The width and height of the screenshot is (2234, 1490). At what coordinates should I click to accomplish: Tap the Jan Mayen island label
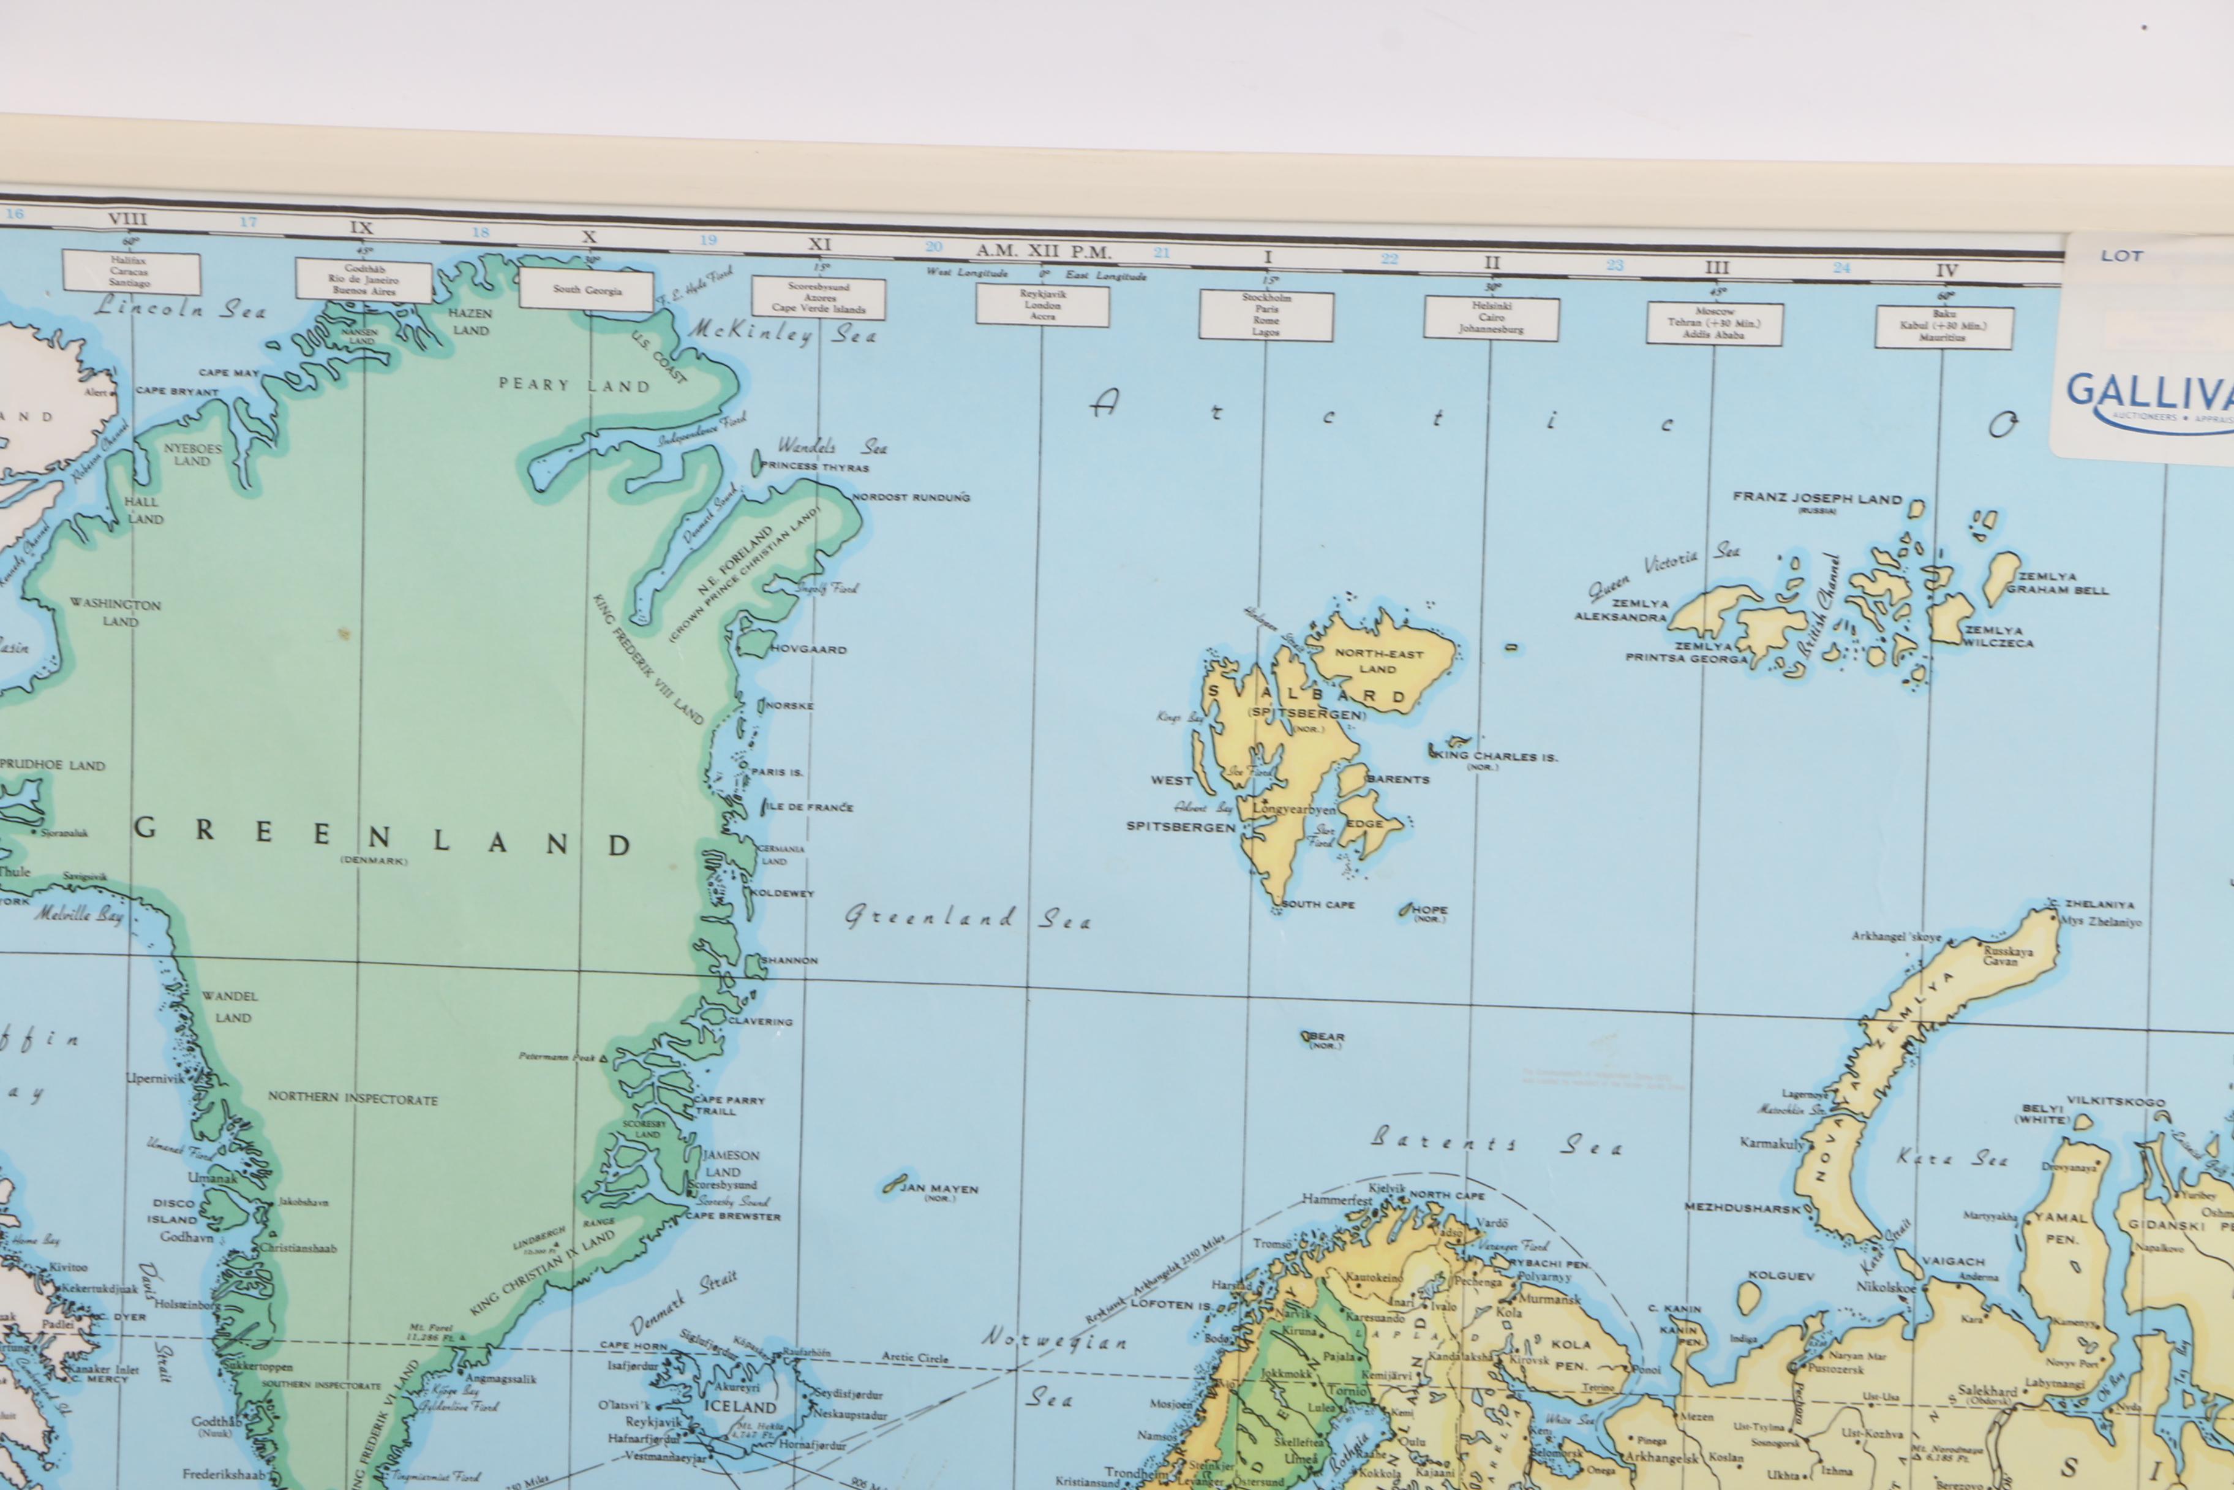click(x=938, y=1188)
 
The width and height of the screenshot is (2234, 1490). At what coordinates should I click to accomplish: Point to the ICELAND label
click(x=740, y=1407)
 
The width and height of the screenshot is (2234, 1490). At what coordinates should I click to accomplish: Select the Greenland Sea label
click(x=968, y=918)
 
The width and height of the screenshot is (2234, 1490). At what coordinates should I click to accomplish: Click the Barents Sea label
click(x=1496, y=1141)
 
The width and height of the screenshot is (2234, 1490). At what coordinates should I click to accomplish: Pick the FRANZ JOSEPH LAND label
click(x=1817, y=498)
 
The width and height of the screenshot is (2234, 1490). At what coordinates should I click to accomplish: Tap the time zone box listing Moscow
click(x=1715, y=323)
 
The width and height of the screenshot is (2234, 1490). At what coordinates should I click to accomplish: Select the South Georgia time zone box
click(x=587, y=290)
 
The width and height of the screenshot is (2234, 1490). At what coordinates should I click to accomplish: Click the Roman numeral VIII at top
click(x=127, y=219)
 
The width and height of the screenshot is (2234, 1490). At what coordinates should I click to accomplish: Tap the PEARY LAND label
click(x=574, y=385)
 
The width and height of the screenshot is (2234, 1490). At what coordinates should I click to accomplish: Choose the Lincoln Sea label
click(x=179, y=307)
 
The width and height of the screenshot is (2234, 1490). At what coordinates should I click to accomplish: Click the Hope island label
click(x=1427, y=910)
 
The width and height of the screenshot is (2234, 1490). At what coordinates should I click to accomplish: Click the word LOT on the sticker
click(x=2121, y=255)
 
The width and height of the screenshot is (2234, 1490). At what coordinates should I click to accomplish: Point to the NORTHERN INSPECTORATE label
click(x=352, y=1097)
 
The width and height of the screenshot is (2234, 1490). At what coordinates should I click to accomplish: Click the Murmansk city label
click(x=1548, y=1298)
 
